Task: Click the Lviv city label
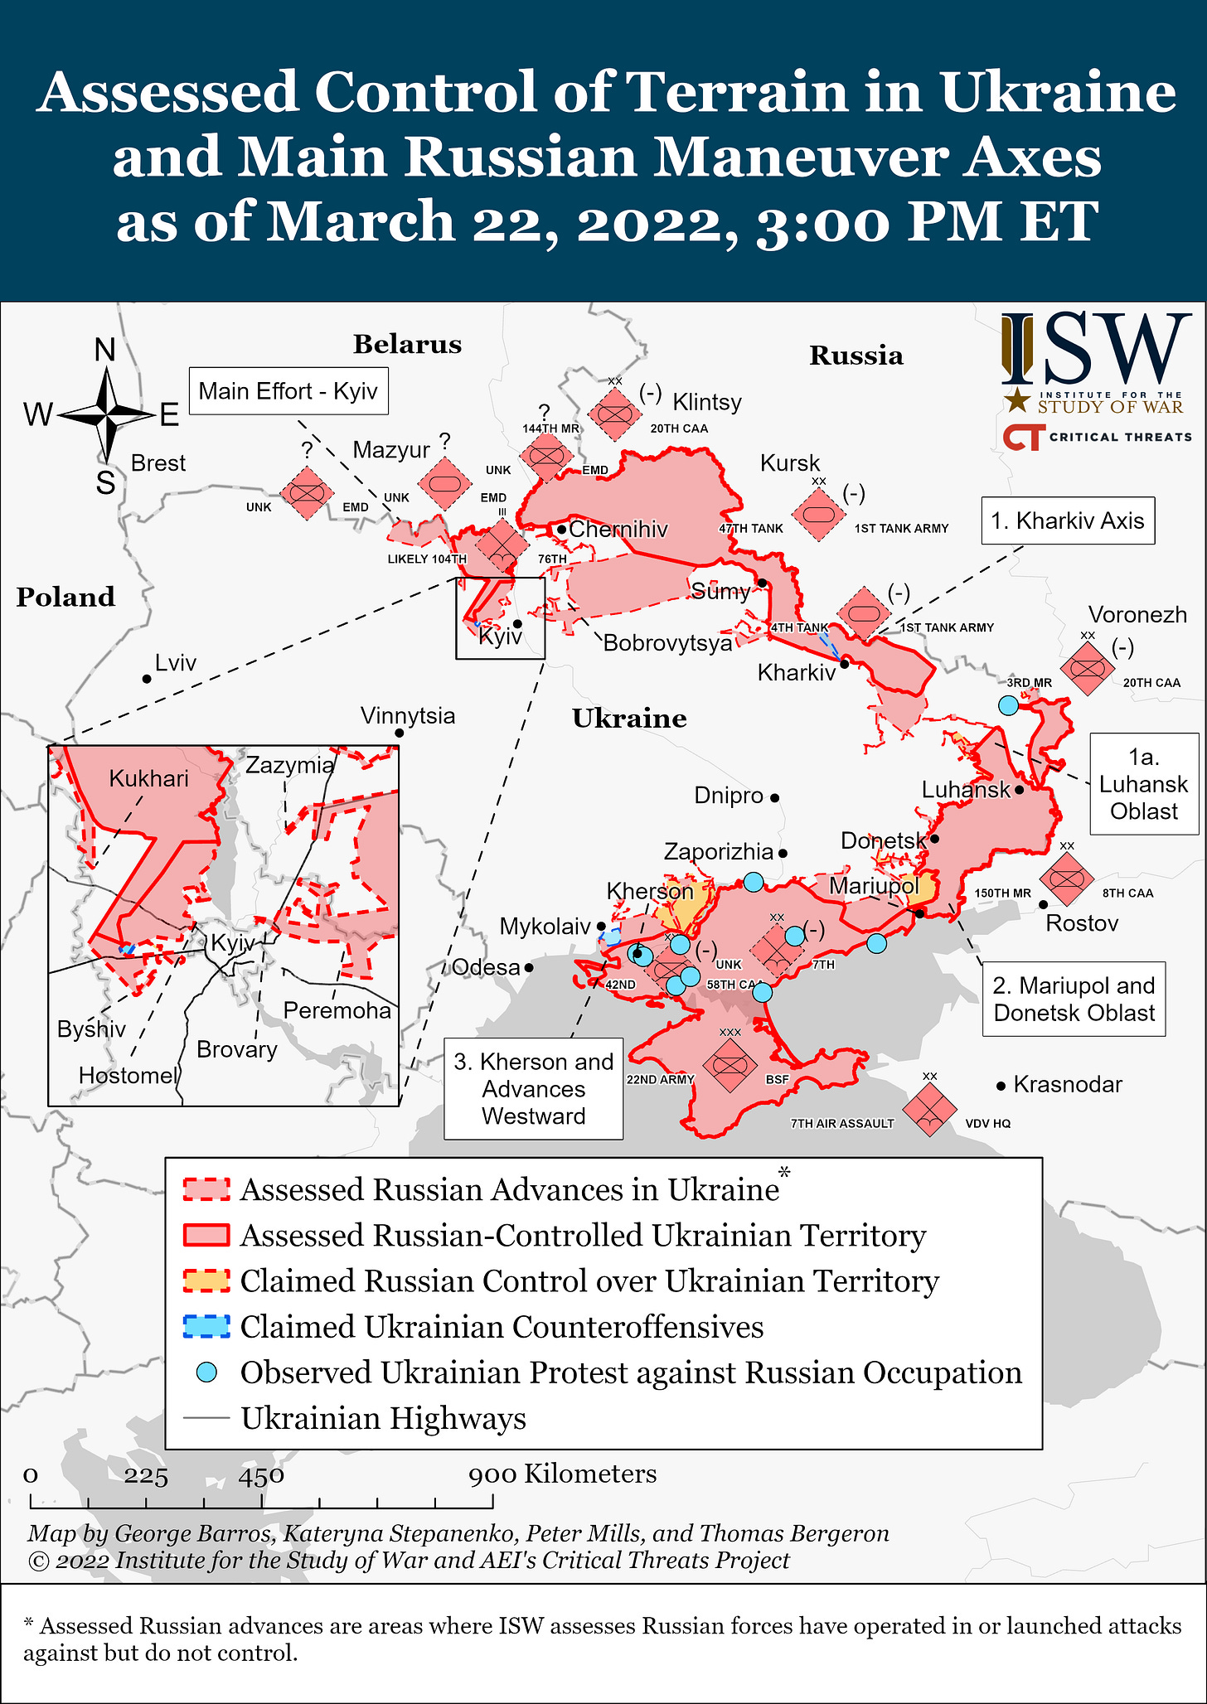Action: click(x=176, y=663)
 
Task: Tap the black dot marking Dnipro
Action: click(x=775, y=798)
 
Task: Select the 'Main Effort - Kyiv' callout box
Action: click(x=288, y=391)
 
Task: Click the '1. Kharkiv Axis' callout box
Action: click(x=1068, y=520)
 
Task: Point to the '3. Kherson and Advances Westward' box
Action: click(x=534, y=1089)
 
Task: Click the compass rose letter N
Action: click(x=105, y=351)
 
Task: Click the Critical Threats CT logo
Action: click(x=1021, y=437)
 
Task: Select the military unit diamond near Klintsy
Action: click(x=615, y=414)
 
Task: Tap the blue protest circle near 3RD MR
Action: click(x=1008, y=705)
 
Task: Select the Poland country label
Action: click(x=65, y=597)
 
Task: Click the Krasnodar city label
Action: click(x=1068, y=1084)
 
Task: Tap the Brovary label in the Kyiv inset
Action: click(x=237, y=1049)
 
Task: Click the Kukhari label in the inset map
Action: click(x=149, y=778)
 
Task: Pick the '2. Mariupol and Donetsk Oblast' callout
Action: click(x=1074, y=999)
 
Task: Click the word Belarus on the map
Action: click(x=407, y=344)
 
